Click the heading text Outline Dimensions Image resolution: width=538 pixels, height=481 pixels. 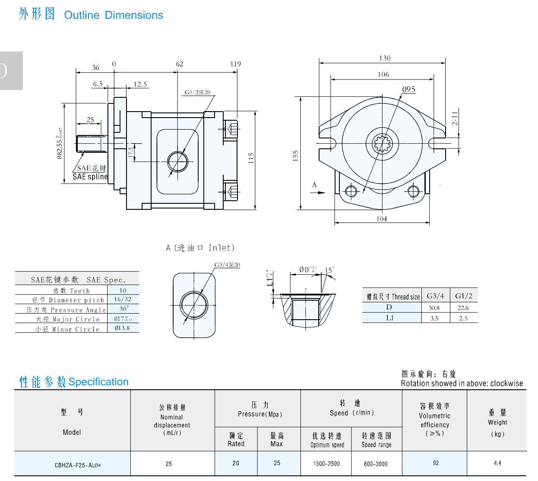[114, 15]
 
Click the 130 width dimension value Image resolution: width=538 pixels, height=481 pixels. [384, 58]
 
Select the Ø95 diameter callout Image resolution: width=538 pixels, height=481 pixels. [408, 90]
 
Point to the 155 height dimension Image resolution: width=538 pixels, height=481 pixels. [295, 156]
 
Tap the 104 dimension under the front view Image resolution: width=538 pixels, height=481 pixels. [382, 219]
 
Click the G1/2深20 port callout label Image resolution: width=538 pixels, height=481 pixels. [197, 92]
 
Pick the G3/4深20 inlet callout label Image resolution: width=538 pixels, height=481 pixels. [227, 265]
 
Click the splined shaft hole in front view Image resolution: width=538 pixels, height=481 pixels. [383, 143]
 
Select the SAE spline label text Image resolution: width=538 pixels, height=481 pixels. [90, 176]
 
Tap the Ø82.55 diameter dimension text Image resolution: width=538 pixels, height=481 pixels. [60, 144]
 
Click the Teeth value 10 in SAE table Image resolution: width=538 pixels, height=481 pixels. [123, 291]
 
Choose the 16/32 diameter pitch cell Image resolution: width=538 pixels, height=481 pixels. [123, 299]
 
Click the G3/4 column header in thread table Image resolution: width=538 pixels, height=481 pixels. [435, 296]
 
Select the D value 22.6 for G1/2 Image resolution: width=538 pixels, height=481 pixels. [463, 308]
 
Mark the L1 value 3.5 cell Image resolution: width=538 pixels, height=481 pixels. [434, 318]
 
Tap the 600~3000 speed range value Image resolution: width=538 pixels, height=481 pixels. [376, 464]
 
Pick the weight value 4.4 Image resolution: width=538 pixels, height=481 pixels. [497, 463]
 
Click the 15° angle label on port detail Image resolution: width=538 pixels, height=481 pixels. [329, 270]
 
